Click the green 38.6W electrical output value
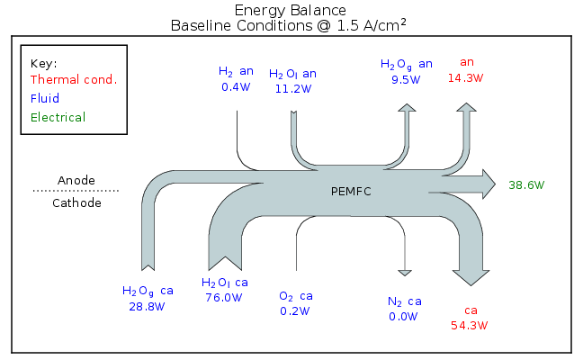click(x=526, y=185)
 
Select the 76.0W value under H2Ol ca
click(x=225, y=297)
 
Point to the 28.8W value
click(x=148, y=306)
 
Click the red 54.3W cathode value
click(x=470, y=325)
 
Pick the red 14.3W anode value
click(x=467, y=78)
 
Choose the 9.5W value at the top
click(x=406, y=79)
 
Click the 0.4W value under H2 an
click(x=236, y=88)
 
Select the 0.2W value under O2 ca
click(x=295, y=311)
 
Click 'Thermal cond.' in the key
click(x=74, y=79)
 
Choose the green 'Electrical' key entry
click(x=58, y=117)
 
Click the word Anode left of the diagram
click(x=76, y=180)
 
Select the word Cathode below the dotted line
click(x=76, y=202)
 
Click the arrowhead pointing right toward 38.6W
click(x=487, y=184)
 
